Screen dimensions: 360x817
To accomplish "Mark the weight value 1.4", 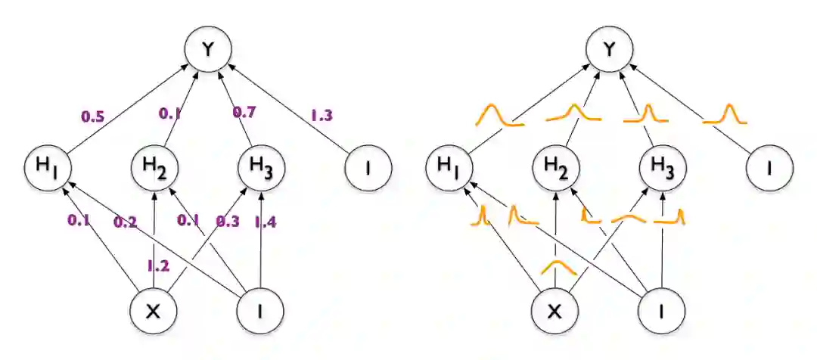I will tap(265, 222).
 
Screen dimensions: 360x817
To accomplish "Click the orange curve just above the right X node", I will tap(558, 266).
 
